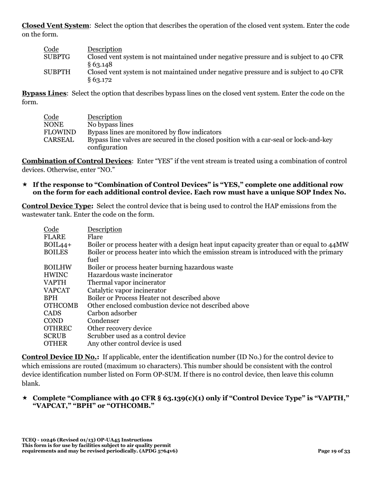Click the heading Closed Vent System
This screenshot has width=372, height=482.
pos(55,26)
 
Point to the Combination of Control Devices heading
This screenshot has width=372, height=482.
pos(76,161)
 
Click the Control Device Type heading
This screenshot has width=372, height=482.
pos(58,206)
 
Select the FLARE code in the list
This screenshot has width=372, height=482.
pos(54,237)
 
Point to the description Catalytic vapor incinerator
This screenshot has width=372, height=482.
pos(126,290)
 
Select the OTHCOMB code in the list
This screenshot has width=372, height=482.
pos(61,306)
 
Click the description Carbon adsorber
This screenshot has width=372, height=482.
pos(112,313)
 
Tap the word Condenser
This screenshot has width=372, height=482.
pos(103,321)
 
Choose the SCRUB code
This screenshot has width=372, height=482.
pos(55,336)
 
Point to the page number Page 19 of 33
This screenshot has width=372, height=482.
pos(334,451)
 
